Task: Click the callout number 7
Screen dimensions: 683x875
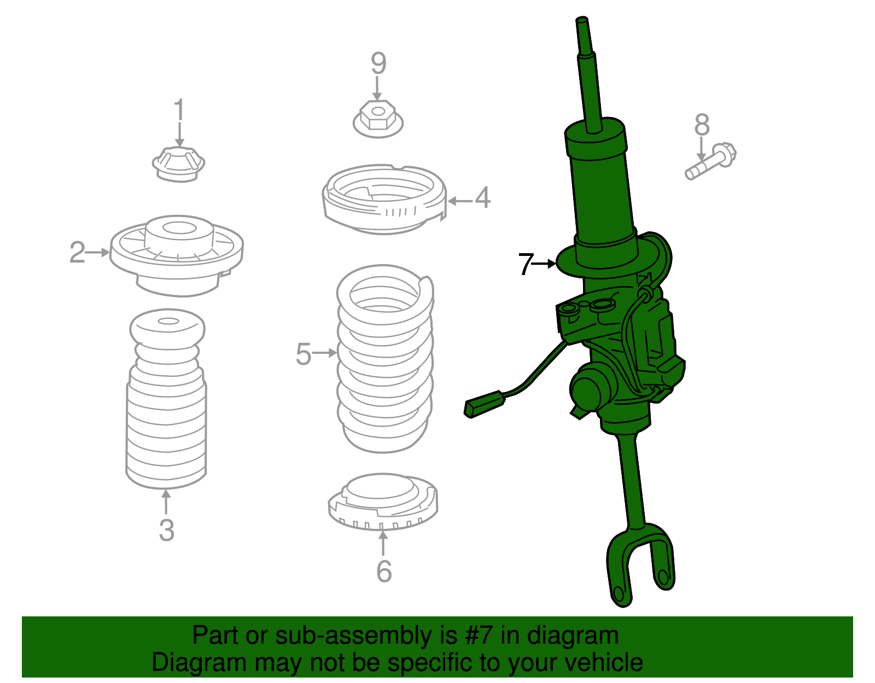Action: point(525,264)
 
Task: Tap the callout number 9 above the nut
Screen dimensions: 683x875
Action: point(378,63)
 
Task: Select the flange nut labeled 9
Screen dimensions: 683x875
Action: point(378,119)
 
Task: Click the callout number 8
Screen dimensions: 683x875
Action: point(702,125)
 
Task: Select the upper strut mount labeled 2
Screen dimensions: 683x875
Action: point(177,254)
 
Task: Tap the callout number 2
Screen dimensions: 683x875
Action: point(77,253)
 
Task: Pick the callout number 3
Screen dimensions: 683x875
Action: point(166,530)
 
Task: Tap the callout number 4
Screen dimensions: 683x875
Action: point(482,198)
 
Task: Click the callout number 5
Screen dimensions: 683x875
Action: point(304,354)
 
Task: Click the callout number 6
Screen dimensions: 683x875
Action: point(384,571)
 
